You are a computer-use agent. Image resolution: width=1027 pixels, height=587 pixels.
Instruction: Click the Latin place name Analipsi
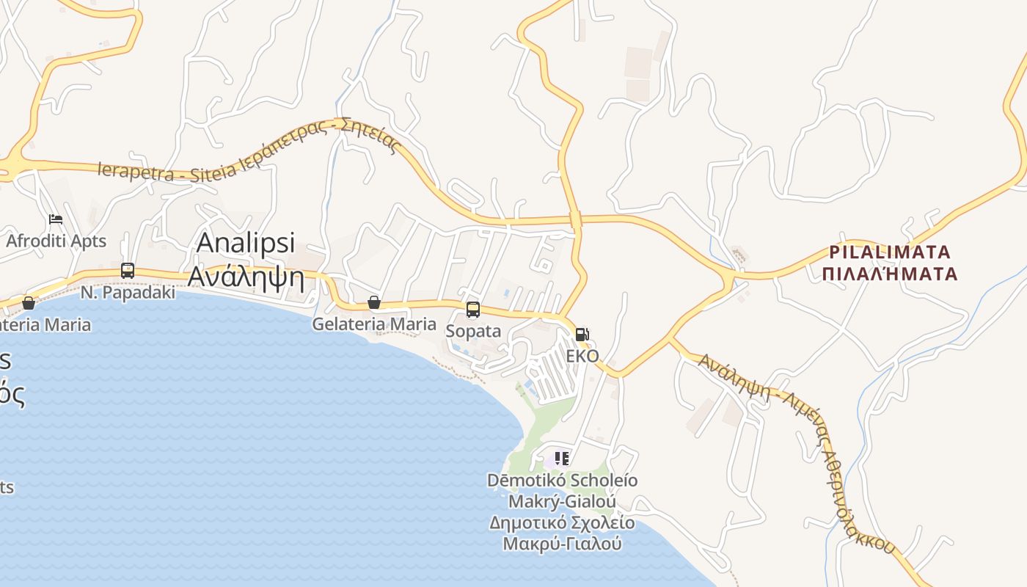coord(246,242)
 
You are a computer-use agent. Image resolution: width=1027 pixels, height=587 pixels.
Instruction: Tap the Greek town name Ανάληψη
coord(246,276)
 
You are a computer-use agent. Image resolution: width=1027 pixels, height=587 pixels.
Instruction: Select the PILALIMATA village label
coord(890,252)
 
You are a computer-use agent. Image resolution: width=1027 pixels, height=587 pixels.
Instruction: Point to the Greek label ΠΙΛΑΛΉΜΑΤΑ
coord(890,274)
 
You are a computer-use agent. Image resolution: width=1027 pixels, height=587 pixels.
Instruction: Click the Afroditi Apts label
coord(56,241)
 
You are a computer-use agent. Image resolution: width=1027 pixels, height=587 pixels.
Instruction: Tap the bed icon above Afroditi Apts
coord(56,219)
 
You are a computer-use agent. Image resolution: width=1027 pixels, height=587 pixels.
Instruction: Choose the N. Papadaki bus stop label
coord(128,292)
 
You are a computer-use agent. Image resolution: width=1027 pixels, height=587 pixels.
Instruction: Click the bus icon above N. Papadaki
coord(128,270)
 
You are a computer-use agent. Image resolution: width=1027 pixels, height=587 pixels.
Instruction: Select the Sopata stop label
coord(473,331)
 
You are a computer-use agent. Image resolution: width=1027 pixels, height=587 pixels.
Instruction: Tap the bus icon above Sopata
coord(473,310)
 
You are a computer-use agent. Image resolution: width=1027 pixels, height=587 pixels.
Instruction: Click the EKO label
coord(582,356)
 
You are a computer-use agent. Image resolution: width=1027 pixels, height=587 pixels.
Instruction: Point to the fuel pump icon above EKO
coord(582,335)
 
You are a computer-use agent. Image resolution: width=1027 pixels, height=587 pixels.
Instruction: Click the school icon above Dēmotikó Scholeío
coord(562,459)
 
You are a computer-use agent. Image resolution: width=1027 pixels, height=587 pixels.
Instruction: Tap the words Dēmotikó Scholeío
coord(562,481)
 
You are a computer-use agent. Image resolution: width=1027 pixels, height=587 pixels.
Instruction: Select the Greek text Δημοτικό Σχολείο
coord(562,523)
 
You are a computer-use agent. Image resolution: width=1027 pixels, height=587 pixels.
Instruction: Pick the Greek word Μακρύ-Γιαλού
coord(562,544)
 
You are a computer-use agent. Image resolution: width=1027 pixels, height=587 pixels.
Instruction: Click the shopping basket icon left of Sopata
coord(374,302)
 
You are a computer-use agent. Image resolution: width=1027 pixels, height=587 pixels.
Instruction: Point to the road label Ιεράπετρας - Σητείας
coord(328,139)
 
